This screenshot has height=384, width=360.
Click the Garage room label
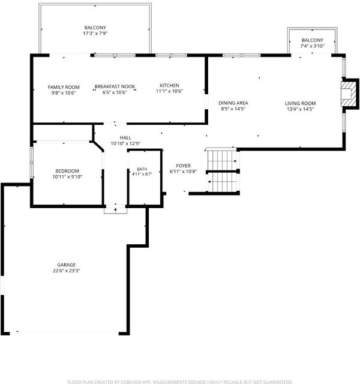[67, 265]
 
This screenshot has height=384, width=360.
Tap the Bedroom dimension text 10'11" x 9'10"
[67, 177]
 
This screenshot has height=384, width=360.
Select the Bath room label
[142, 169]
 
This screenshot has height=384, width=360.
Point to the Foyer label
[183, 166]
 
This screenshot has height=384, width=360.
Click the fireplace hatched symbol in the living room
[349, 94]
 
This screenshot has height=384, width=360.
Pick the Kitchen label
[169, 85]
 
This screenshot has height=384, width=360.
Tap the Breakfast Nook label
[115, 86]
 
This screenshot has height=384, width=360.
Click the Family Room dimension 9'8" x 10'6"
[64, 93]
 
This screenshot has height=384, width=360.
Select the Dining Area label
[233, 103]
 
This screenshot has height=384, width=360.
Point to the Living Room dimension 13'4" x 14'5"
[300, 109]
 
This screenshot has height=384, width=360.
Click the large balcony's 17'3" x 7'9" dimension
[95, 34]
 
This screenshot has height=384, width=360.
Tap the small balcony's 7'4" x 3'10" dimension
[312, 46]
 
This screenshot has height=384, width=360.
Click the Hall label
[125, 137]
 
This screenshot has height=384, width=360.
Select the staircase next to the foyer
[223, 172]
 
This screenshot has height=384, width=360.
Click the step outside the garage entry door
[116, 211]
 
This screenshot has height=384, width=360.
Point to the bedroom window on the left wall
[32, 162]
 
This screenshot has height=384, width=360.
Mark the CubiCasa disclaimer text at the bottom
[180, 382]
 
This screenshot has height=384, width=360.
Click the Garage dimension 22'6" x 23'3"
[67, 271]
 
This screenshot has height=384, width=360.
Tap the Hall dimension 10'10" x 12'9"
[125, 143]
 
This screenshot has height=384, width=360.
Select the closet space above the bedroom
[63, 133]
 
